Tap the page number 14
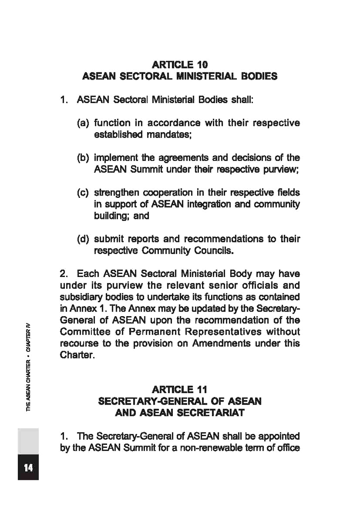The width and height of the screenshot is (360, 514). pos(28,468)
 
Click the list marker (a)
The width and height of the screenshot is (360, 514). pos(84,123)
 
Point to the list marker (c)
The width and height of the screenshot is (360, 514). pos(84,192)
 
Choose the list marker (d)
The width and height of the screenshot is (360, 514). pos(84,239)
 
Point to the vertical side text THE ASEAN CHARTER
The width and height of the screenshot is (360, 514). pos(28,386)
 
